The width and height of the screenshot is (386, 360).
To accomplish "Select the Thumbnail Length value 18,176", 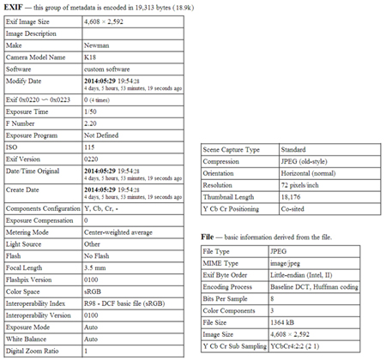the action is click(x=290, y=195).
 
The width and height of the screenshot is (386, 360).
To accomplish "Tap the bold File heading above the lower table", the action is click(x=206, y=235).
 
